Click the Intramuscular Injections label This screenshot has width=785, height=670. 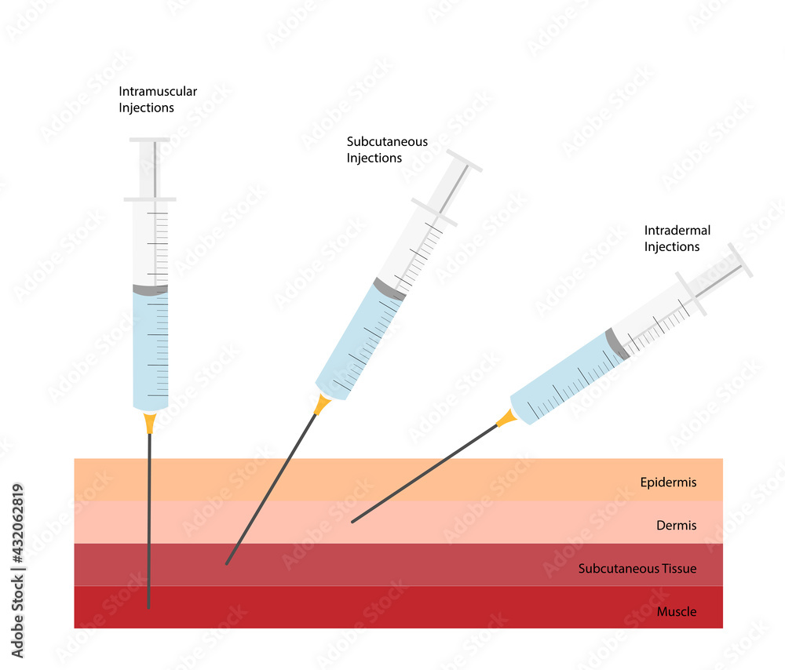158,100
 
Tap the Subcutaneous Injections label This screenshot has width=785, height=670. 387,150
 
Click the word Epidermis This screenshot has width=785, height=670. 668,482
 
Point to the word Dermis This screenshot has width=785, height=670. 676,526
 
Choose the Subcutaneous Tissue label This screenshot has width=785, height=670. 637,569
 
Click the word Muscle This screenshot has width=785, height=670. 677,611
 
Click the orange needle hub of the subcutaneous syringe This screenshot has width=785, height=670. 321,405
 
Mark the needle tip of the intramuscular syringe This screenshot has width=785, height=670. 149,607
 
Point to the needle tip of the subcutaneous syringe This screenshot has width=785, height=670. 227,563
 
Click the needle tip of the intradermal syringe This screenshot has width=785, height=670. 352,522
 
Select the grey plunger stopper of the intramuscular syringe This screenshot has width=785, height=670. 150,289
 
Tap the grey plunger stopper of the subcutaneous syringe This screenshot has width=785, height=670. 389,289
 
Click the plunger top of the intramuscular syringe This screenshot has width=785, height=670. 150,140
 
